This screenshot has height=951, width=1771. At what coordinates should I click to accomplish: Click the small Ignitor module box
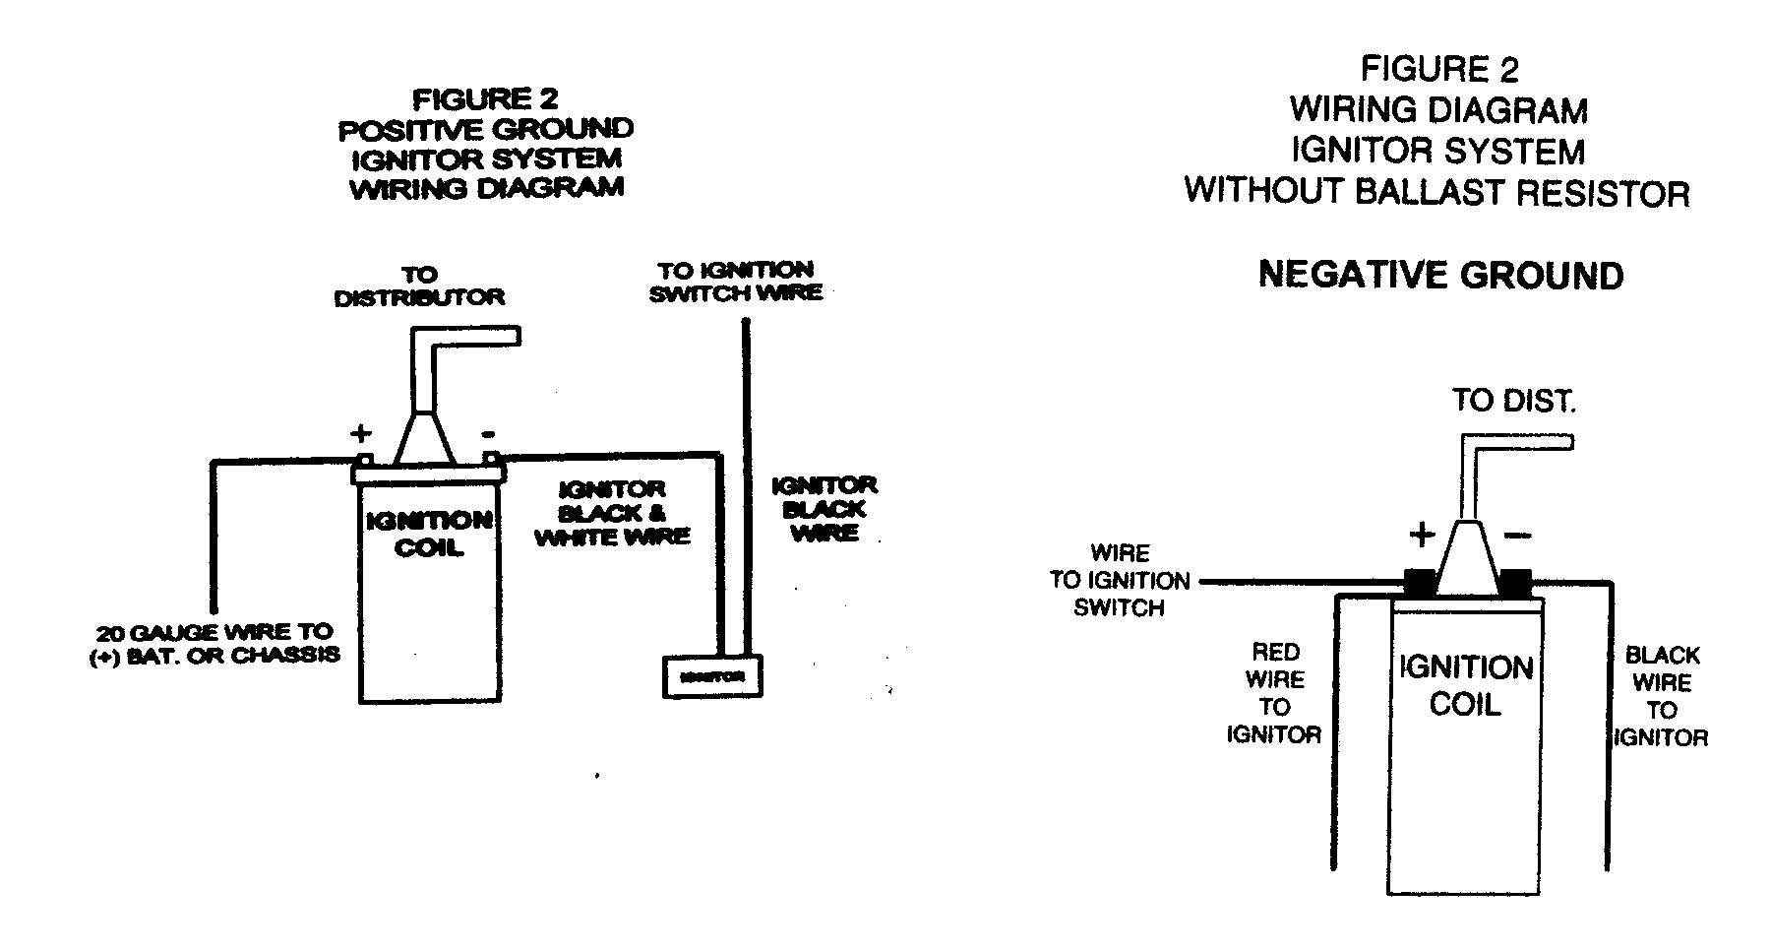pos(712,676)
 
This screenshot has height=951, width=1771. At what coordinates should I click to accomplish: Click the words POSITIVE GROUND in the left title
pos(486,129)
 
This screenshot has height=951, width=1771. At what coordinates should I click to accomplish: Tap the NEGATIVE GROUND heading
pos(1440,275)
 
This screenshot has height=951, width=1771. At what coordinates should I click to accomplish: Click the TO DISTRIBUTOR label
pos(419,285)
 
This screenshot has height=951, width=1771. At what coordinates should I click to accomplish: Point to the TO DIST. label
pos(1513,402)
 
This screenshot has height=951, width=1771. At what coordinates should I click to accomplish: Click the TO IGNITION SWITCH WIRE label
pos(736,281)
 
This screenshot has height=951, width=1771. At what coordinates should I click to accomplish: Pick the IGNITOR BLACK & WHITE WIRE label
pos(612,513)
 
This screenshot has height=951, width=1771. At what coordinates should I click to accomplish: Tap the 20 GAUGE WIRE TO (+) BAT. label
pos(214,643)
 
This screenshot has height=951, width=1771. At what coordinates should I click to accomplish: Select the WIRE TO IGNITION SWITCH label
pos(1120,581)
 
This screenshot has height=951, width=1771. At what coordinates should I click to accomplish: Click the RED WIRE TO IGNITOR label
pos(1274,693)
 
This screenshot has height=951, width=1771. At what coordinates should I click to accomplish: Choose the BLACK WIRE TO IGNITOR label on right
pos(1662,696)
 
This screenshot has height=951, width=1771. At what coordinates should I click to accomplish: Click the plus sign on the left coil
pos(361,432)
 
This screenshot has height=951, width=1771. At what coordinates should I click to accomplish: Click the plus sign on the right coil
pos(1423,535)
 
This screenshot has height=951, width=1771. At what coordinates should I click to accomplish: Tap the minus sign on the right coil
pos(1517,536)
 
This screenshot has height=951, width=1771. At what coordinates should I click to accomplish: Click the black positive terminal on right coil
pos(1419,583)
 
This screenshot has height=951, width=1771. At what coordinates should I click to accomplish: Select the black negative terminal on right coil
pos(1515,583)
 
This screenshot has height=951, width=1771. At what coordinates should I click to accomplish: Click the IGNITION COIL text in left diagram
pos(429,534)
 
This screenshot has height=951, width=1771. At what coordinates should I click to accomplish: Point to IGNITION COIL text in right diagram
pos(1466,686)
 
